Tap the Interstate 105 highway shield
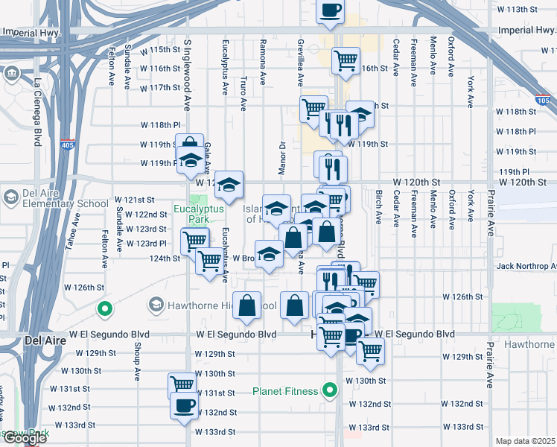544,100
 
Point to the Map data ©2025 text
526,441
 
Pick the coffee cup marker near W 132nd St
184,406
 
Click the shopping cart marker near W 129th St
370,350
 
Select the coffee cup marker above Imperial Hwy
331,11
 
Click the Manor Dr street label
282,158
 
